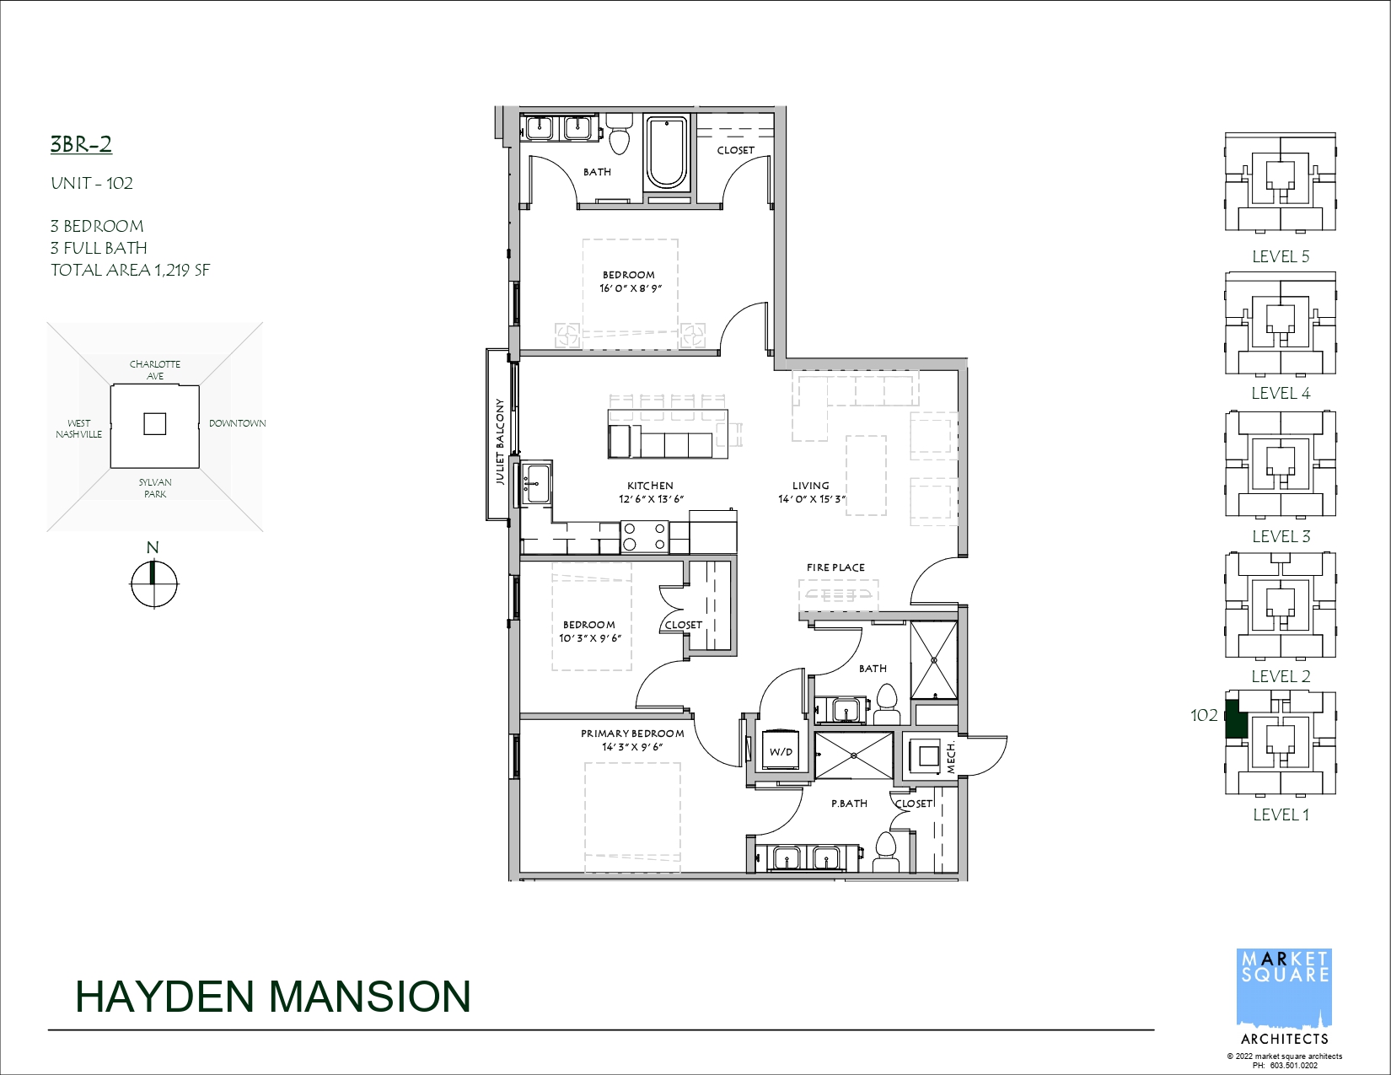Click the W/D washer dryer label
pos(781,752)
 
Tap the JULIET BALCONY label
pos(500,442)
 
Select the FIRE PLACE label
pos(835,567)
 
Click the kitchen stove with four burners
pos(645,536)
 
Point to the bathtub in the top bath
pos(667,153)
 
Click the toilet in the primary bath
pos(886,851)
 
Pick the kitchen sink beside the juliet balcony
pos(536,483)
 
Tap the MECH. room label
pos(951,757)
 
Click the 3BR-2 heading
pos(81,144)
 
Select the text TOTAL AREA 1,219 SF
pos(130,270)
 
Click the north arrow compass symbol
pos(153,583)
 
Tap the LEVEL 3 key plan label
pos(1281,536)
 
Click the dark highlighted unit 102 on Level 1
pos(1236,720)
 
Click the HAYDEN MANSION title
pos(273,997)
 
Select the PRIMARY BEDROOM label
pos(632,733)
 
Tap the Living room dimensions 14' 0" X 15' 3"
pos(811,499)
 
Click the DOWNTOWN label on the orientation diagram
pos(237,423)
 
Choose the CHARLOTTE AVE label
pos(155,370)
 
